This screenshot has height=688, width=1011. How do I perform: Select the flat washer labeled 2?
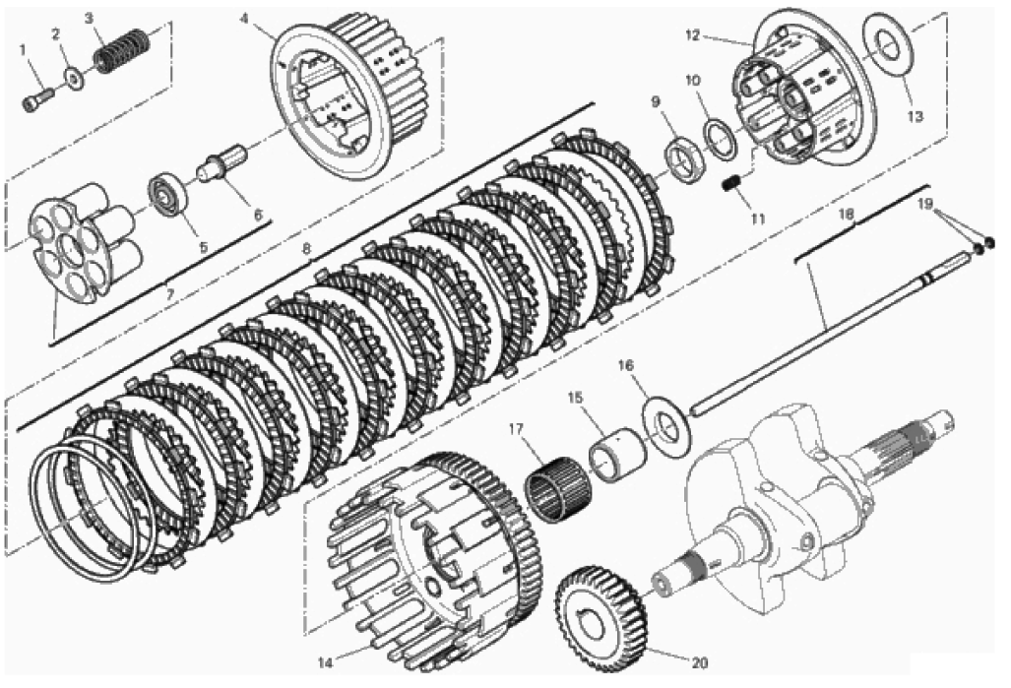point(76,80)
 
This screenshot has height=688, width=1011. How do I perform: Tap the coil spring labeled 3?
point(122,49)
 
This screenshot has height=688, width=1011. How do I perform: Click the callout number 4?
point(244,18)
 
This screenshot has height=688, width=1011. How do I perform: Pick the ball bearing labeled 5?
point(166,194)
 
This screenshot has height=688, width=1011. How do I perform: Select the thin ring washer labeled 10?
point(723,138)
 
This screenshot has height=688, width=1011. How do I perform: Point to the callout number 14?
point(326,662)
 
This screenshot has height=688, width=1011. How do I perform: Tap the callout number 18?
point(847,215)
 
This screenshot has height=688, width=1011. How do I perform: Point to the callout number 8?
point(306,247)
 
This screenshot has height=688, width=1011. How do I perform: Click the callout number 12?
point(692,36)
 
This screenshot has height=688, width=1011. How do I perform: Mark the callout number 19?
point(925,205)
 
